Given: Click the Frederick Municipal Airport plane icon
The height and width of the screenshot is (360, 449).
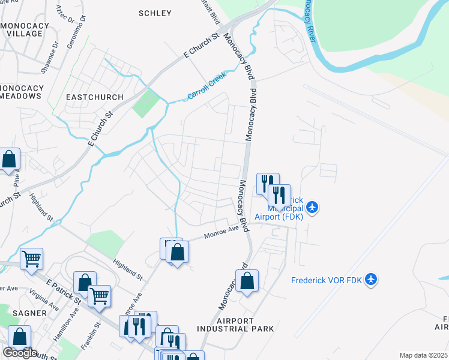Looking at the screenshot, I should coord(312,208).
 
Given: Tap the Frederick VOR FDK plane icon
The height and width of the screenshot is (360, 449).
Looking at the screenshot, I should coord(372,280).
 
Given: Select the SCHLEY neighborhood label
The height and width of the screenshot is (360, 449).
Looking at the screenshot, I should coord(155,13).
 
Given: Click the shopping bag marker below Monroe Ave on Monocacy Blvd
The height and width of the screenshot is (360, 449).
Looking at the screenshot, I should coord(247,281).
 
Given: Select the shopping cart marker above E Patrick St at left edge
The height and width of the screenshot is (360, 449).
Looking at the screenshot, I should coord(31,259).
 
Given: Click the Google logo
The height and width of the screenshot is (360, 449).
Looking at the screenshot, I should coord(20,353).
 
